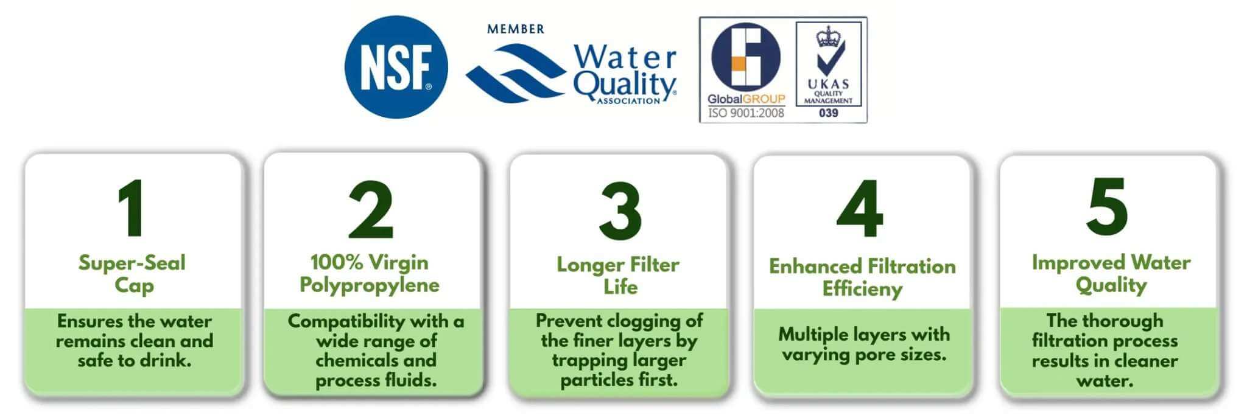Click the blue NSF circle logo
[396, 67]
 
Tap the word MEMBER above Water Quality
[515, 29]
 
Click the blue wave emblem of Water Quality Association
[515, 72]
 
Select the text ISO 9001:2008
[746, 113]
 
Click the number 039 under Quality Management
[828, 113]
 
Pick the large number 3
[620, 211]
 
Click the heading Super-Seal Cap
[132, 274]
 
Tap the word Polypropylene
[370, 285]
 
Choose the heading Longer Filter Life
[618, 275]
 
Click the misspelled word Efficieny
[862, 288]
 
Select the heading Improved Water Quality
[1111, 273]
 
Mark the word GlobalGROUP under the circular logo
[746, 99]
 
